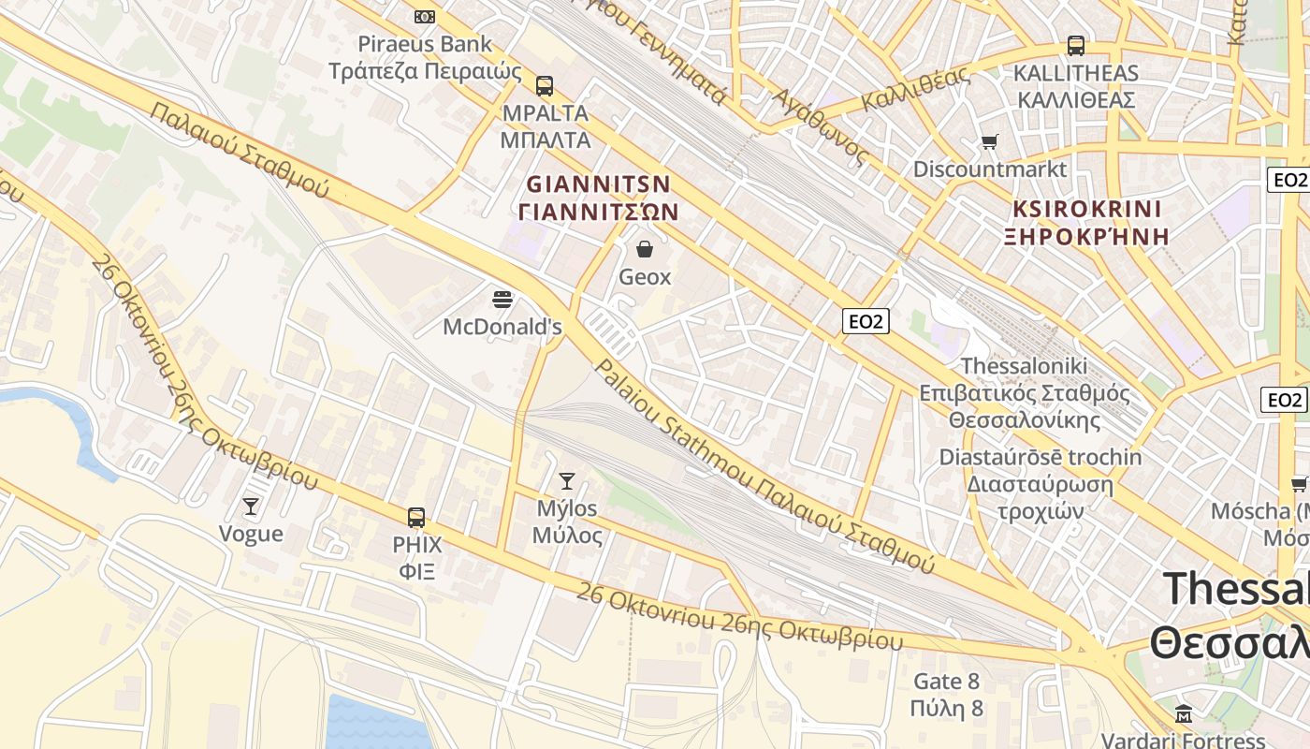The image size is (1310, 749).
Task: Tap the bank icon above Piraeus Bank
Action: tap(425, 16)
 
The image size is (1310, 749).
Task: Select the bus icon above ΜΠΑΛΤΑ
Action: tap(545, 86)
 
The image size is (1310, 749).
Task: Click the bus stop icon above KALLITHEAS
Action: tap(1076, 45)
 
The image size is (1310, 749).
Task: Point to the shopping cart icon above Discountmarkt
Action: tap(990, 142)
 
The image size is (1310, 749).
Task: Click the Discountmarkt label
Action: tap(990, 169)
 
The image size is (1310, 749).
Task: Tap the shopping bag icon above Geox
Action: tap(645, 249)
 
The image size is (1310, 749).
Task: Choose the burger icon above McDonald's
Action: tap(502, 300)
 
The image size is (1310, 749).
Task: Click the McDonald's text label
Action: tap(502, 327)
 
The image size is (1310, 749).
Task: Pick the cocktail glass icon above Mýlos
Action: tap(567, 481)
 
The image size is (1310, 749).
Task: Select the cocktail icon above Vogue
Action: tap(251, 507)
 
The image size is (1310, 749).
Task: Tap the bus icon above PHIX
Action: tap(416, 517)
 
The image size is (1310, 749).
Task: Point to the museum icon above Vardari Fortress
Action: tap(1184, 713)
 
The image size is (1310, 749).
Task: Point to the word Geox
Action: tap(646, 277)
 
